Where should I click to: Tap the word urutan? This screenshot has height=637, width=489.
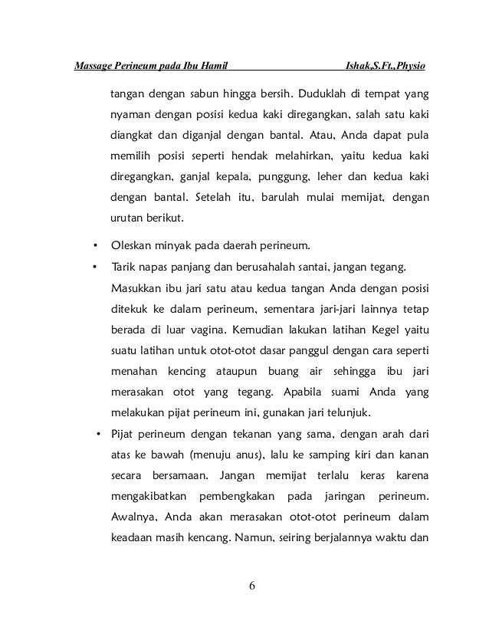pos(128,218)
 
